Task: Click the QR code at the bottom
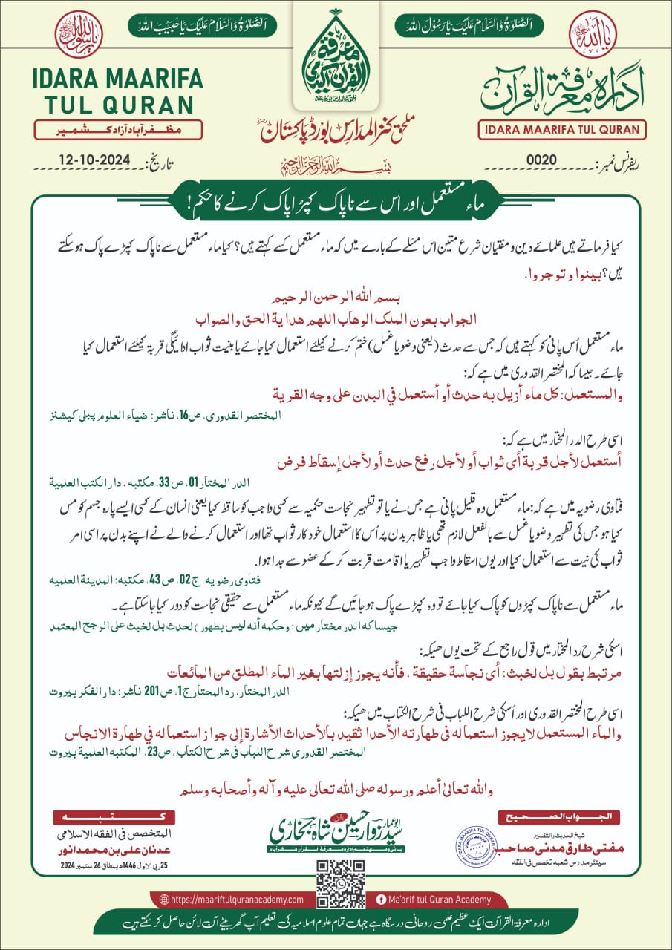pyautogui.click(x=336, y=882)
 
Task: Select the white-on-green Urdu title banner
pyautogui.click(x=336, y=201)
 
